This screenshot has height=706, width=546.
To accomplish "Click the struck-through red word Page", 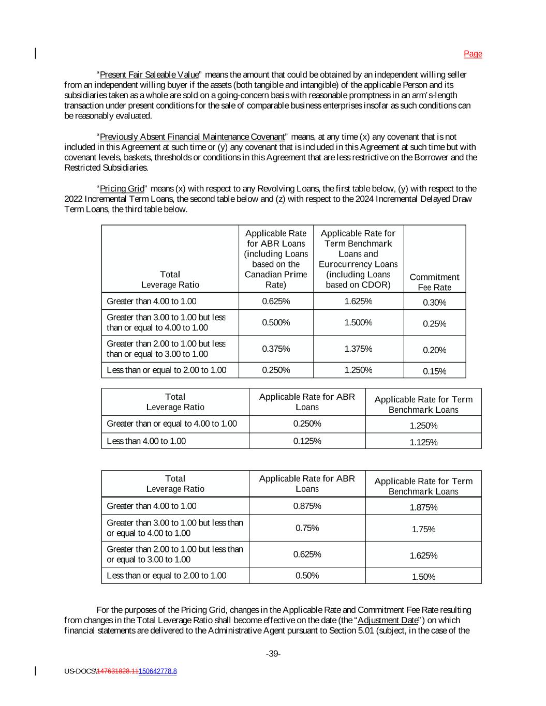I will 473,54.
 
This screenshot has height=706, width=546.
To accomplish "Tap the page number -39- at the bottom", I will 273,654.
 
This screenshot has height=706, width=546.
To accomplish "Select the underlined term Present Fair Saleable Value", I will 149,74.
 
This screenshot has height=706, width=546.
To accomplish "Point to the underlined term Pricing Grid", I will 122,189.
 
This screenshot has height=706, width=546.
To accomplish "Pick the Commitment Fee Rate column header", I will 434,282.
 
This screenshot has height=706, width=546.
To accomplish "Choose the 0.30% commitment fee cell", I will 434,303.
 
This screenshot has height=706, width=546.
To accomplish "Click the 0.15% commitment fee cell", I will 434,371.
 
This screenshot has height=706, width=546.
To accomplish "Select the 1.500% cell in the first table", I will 358,322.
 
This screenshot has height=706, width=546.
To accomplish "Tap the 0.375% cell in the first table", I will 276,349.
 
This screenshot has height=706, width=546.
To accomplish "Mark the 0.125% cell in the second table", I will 307,441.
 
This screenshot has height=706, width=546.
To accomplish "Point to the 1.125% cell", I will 423,442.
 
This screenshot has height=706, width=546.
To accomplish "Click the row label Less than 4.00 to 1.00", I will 146,441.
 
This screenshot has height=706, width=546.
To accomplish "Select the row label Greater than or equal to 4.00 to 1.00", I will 171,424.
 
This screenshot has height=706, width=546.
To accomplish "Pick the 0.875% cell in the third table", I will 307,506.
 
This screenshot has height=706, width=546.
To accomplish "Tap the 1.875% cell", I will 423,507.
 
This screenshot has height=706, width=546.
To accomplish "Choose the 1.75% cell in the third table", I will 423,529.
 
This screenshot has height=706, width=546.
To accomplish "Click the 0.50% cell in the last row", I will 307,575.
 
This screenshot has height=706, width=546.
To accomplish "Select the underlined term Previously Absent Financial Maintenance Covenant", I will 192,137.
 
